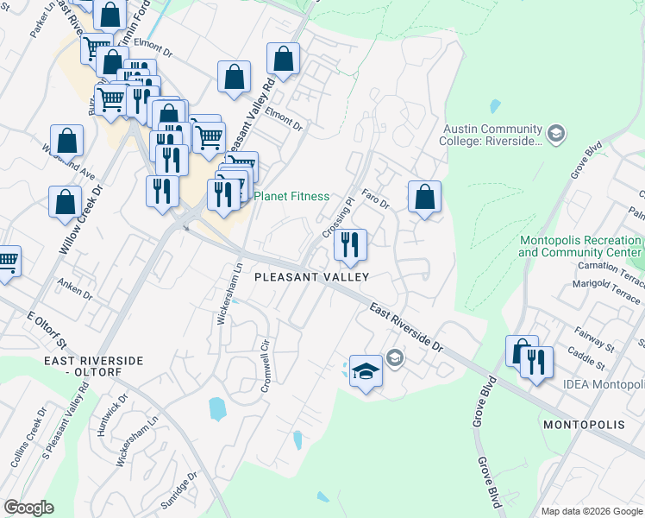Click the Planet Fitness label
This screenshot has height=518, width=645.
291,196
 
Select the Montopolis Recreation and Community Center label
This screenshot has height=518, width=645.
580,246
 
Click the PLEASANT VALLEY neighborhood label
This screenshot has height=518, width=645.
311,277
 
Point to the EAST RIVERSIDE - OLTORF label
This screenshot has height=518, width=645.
85,365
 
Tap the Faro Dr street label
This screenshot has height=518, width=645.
376,200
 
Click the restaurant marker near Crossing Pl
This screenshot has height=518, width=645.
351,246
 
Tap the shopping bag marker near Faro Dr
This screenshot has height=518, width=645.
424,198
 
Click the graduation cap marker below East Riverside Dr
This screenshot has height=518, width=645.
366,372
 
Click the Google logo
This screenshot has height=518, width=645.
28,508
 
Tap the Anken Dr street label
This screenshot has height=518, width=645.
74,288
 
